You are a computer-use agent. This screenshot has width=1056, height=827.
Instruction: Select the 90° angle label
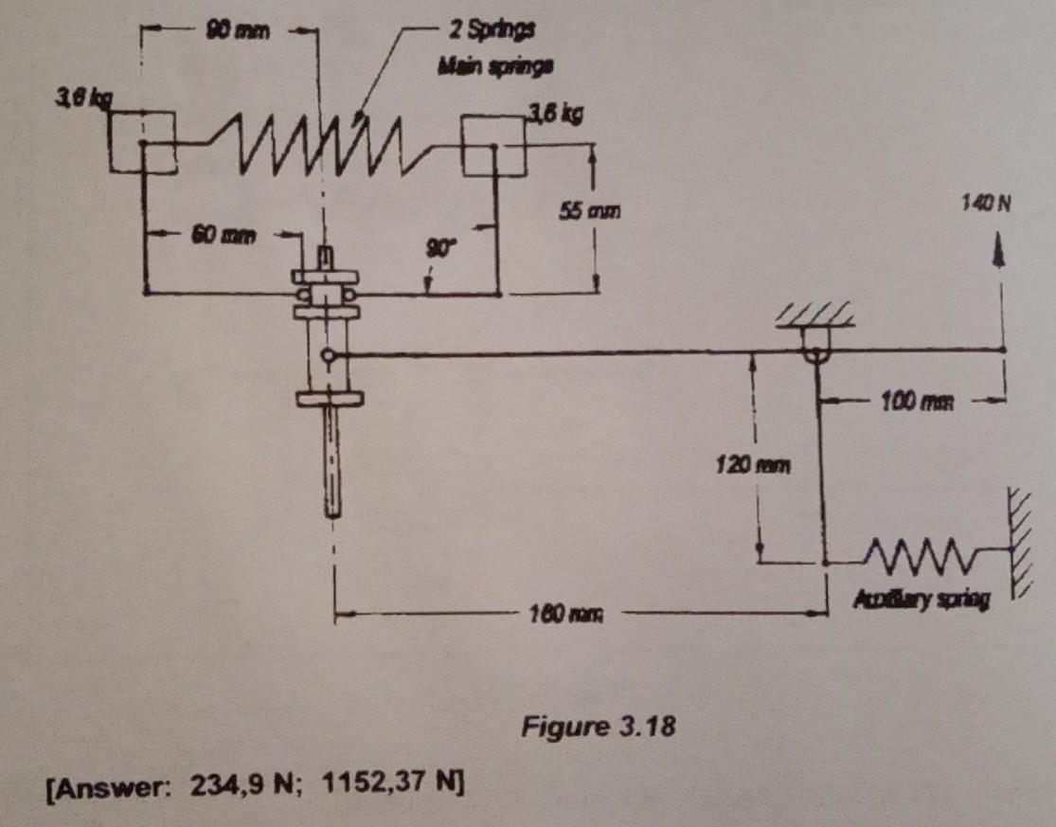(x=439, y=248)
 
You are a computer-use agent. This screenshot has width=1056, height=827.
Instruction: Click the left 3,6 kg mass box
(x=141, y=143)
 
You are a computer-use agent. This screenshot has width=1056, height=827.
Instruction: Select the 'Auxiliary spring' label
(x=921, y=601)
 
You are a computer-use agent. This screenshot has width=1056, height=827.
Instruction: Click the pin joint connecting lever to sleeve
(x=327, y=356)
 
